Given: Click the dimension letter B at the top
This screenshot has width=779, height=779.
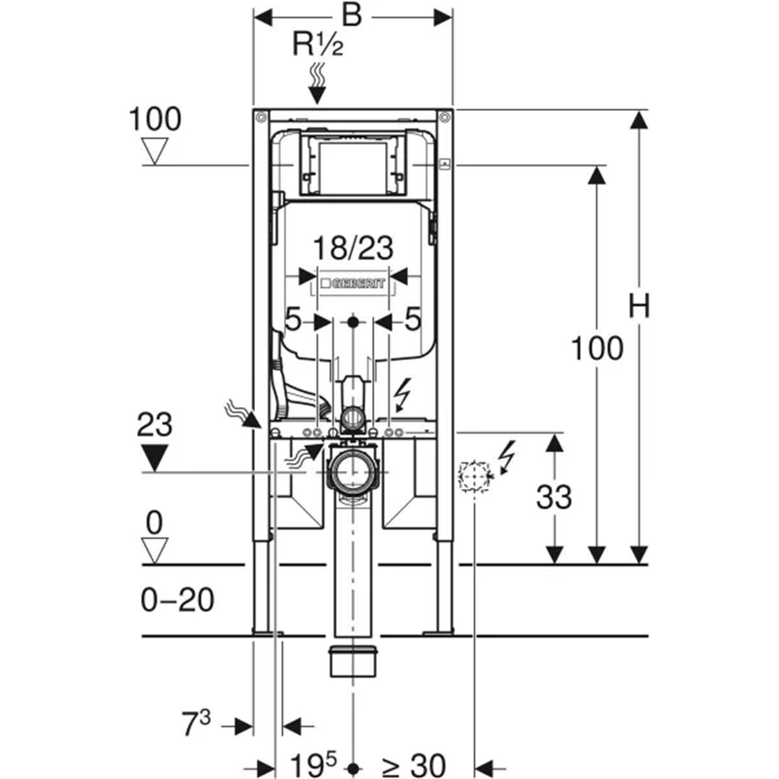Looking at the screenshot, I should pyautogui.click(x=351, y=16).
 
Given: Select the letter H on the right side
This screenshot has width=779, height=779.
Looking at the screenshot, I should pyautogui.click(x=639, y=306).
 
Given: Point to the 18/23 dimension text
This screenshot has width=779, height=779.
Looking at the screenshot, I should pyautogui.click(x=354, y=248).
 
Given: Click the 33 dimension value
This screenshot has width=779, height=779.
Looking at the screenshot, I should pyautogui.click(x=554, y=497).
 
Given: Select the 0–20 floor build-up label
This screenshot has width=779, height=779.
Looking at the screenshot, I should pyautogui.click(x=177, y=600).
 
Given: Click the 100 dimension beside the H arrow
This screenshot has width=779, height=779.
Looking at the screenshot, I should pyautogui.click(x=597, y=349).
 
